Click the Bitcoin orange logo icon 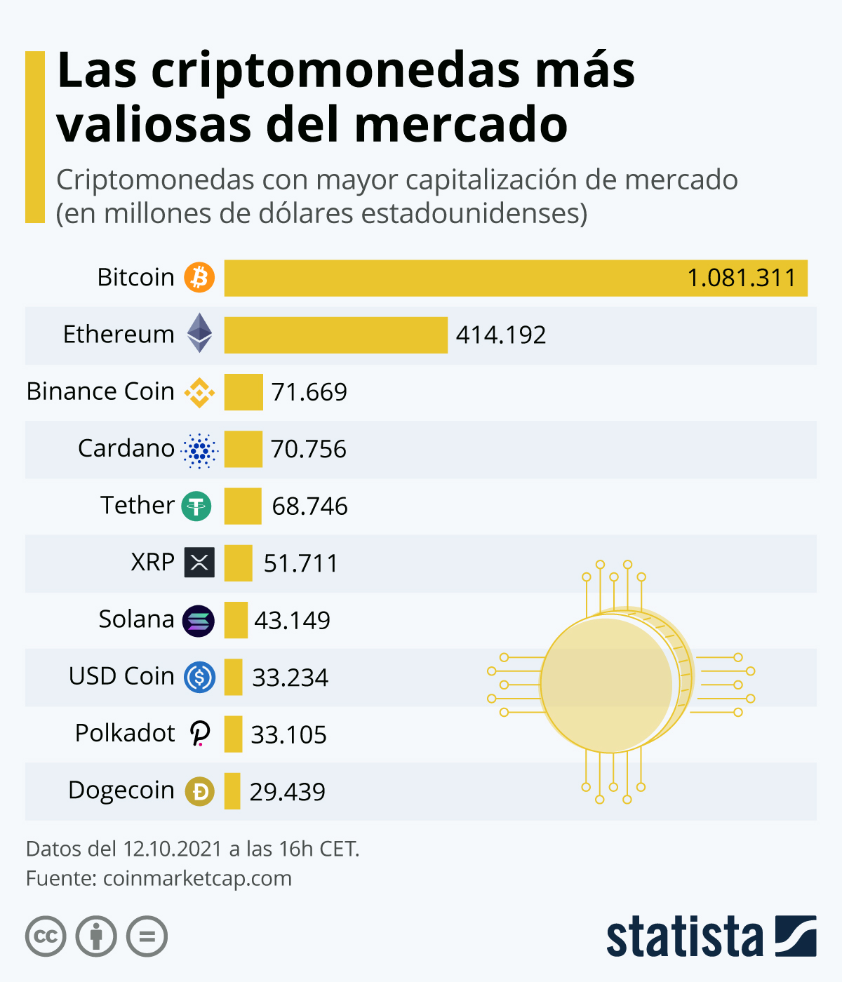[199, 277]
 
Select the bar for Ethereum [335, 335]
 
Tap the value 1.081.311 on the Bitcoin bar [741, 278]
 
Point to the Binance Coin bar [243, 391]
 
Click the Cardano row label [126, 448]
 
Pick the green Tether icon [196, 506]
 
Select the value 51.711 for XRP [300, 563]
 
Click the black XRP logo [199, 563]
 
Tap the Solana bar [236, 620]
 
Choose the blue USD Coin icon [199, 677]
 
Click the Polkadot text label [125, 733]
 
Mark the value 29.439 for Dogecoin [287, 792]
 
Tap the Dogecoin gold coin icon [199, 791]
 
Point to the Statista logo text [684, 936]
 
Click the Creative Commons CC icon [46, 936]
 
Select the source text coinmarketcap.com [197, 878]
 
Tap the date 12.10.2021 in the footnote [172, 849]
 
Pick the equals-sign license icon [147, 936]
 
